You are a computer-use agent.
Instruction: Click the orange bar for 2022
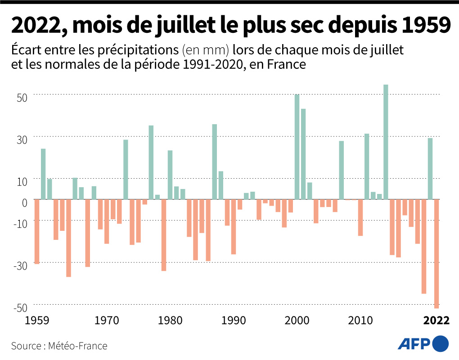pos(436,254)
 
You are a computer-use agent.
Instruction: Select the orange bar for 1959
pos(37,231)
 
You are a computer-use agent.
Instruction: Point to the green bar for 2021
pos(430,168)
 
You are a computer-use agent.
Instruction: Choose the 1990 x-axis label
pos(234,320)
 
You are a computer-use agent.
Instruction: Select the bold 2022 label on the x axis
pos(436,320)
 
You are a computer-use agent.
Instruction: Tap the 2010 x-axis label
pos(360,320)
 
